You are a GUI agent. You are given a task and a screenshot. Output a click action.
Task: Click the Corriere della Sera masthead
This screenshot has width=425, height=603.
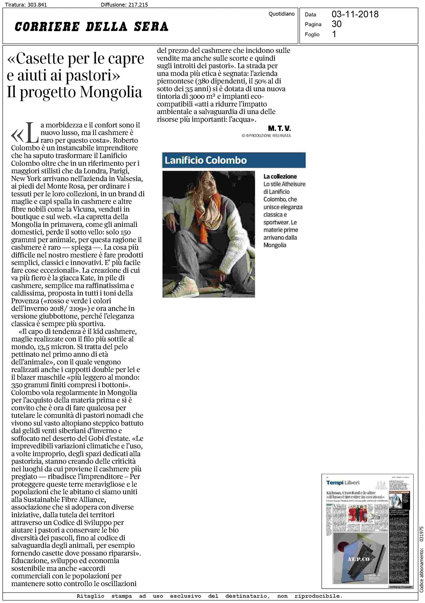click(x=91, y=27)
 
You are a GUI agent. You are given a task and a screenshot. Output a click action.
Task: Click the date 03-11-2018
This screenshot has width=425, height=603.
click(x=355, y=14)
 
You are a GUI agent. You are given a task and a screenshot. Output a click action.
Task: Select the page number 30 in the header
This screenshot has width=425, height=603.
click(x=336, y=24)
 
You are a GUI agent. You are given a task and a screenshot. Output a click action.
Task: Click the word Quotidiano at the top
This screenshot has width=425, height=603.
click(x=281, y=14)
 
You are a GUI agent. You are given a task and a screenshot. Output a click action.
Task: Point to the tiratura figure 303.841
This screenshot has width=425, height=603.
click(x=37, y=4)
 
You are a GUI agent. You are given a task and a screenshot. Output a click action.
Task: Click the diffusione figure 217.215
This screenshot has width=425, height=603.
click(x=138, y=4)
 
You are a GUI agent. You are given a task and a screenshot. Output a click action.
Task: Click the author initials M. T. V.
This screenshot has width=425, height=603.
click(x=279, y=129)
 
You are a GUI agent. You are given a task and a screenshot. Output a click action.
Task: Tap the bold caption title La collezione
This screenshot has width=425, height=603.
click(x=280, y=176)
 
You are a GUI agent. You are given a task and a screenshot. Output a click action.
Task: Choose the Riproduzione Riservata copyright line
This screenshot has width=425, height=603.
click(x=266, y=136)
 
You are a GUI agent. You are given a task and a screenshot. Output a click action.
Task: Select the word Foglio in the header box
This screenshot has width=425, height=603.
click(x=312, y=35)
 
